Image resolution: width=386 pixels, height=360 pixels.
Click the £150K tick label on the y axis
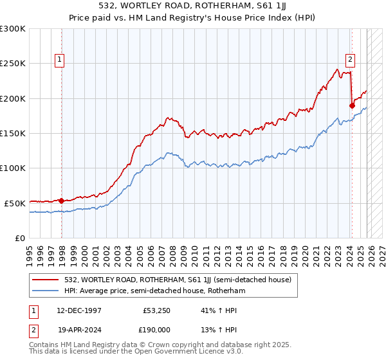pyautogui.click(x=13, y=133)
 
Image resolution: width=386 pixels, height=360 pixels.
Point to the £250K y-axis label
pyautogui.click(x=13, y=64)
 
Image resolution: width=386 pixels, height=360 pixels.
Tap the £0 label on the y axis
pyautogui.click(x=21, y=238)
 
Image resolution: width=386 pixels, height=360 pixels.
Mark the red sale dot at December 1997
pyautogui.click(x=62, y=201)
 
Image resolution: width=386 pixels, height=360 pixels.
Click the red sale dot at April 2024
pyautogui.click(x=352, y=105)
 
